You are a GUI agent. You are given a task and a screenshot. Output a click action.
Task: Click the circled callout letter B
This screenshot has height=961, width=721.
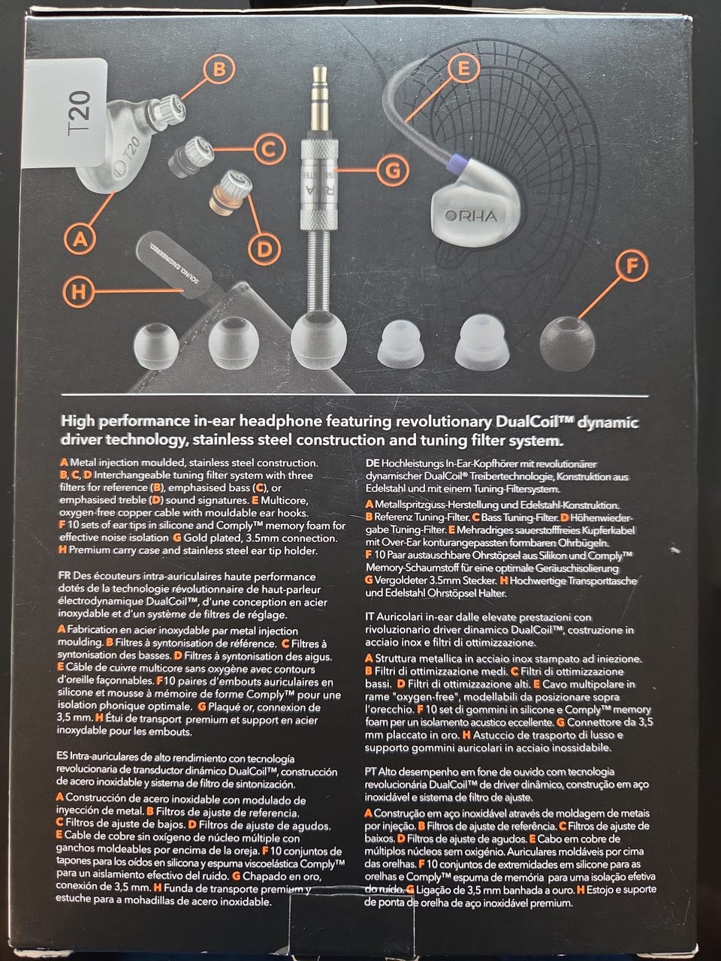[x=219, y=69]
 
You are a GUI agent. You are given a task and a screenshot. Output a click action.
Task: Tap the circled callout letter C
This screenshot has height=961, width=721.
[x=269, y=149]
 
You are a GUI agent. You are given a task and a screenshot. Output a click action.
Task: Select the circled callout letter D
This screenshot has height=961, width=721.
[x=264, y=249]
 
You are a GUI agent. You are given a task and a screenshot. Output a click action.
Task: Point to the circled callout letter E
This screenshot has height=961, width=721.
[x=463, y=69]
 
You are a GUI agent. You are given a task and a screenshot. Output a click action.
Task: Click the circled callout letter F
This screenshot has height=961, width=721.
[x=632, y=266]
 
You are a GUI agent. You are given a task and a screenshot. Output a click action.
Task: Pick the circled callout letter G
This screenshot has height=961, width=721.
[x=393, y=170]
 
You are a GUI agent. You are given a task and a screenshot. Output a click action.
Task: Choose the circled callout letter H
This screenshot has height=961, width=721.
[x=79, y=291]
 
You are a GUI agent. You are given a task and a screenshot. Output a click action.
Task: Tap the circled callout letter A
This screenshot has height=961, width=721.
[x=80, y=239]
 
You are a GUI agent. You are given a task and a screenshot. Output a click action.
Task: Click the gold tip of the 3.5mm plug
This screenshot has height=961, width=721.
[x=320, y=98]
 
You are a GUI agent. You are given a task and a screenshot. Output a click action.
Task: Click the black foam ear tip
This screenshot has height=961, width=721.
[x=567, y=343]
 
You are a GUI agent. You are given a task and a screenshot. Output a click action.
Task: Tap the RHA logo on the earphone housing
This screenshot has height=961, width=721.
[x=471, y=215]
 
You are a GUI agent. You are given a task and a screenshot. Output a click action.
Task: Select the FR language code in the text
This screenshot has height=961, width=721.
[x=65, y=575]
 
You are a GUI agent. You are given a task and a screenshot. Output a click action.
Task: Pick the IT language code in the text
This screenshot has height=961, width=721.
[x=370, y=616]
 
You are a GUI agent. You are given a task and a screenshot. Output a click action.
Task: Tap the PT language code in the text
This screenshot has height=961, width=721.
[x=371, y=771]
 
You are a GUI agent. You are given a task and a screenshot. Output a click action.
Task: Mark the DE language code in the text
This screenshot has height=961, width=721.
[x=373, y=463]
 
